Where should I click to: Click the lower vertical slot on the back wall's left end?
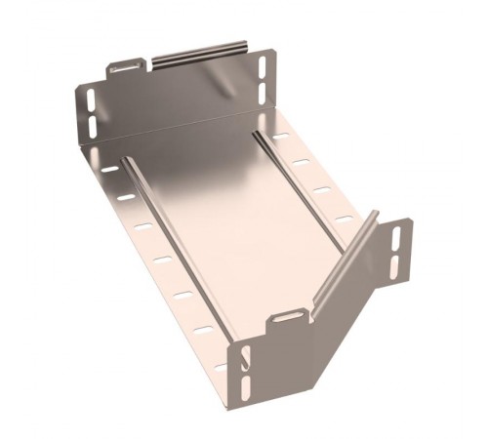tap(91, 126)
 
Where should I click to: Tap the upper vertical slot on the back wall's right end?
tap(262, 68)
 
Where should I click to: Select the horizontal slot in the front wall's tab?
tap(285, 319)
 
